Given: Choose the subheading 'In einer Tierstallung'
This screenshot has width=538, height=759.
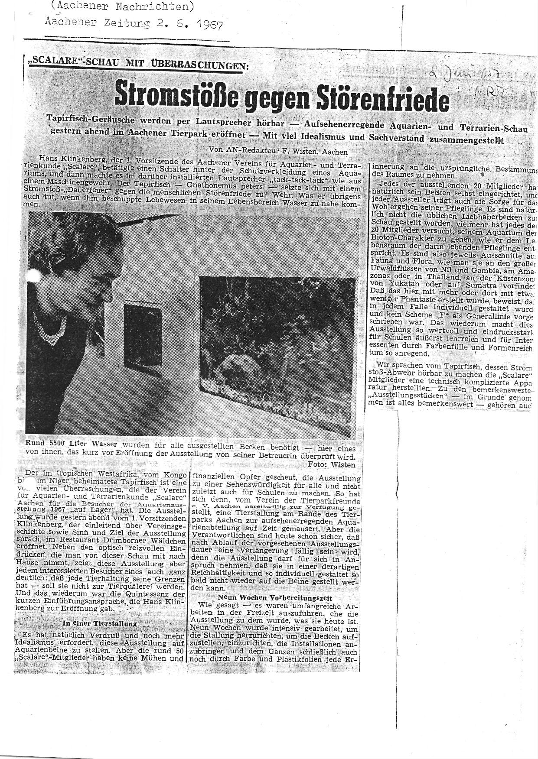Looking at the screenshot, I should [x=100, y=623].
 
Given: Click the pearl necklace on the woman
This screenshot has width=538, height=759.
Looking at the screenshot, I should [x=50, y=329].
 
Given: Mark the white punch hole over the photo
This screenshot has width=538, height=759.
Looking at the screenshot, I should [x=33, y=276].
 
